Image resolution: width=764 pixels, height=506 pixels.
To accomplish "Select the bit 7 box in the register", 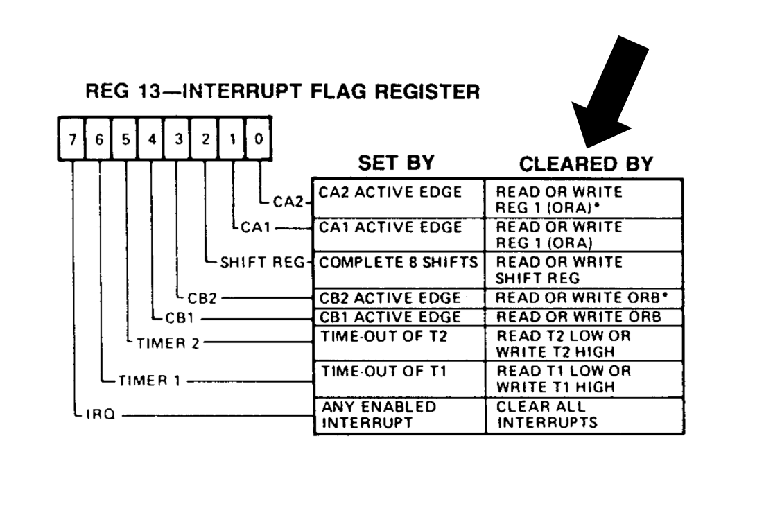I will pyautogui.click(x=72, y=139).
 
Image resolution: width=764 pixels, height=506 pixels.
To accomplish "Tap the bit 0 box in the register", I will pyautogui.click(x=257, y=139).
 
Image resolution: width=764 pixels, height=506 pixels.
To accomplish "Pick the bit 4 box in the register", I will pyautogui.click(x=151, y=139).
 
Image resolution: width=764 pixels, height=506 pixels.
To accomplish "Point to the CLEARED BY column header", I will pyautogui.click(x=586, y=164).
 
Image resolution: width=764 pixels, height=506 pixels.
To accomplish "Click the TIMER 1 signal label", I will pyautogui.click(x=148, y=380).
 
